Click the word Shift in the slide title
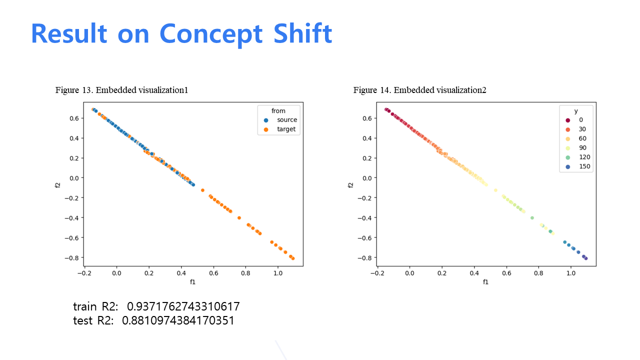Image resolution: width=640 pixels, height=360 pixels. (x=303, y=33)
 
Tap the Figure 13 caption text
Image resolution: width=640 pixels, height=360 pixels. (x=121, y=90)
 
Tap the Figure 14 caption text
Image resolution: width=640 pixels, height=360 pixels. (x=419, y=90)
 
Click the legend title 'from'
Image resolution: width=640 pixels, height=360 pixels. (x=278, y=111)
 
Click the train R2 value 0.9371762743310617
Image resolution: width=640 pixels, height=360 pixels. (x=183, y=306)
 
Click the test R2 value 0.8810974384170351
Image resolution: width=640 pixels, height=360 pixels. (x=178, y=320)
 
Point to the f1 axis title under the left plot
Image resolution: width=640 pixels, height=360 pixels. (x=193, y=282)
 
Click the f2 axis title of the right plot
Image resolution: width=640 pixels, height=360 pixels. (x=350, y=185)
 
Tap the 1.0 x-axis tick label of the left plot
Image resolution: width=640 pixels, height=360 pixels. (x=277, y=273)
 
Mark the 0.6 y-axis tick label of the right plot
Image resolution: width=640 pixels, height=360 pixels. (x=367, y=118)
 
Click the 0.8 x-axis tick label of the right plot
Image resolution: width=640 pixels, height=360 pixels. (x=538, y=273)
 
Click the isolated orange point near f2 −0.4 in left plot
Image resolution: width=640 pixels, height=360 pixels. (x=239, y=218)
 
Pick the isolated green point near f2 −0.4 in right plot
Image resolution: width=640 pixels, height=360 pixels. (x=532, y=218)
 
